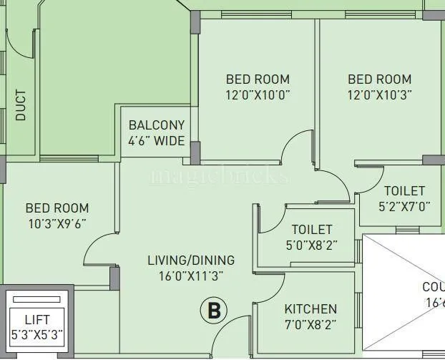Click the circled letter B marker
(x=212, y=311)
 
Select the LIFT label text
(x=37, y=320)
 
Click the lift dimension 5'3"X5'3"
(x=37, y=334)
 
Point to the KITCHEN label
(x=310, y=309)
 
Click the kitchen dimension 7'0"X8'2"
(x=310, y=323)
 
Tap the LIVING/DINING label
(x=191, y=260)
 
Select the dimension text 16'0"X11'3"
(x=191, y=275)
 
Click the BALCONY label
(x=157, y=125)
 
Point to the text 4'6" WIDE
(x=157, y=140)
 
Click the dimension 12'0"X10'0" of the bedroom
(x=258, y=94)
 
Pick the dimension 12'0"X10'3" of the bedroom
(x=379, y=94)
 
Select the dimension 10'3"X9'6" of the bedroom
(x=57, y=223)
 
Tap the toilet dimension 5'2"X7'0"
(x=404, y=206)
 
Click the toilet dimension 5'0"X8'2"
(x=311, y=244)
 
